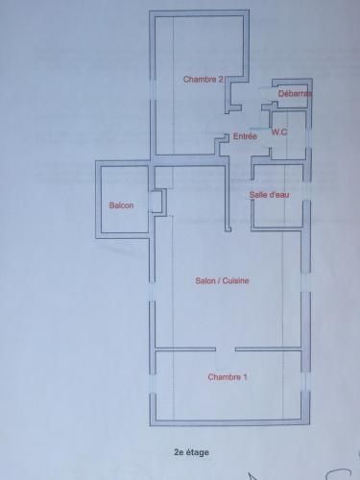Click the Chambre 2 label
[204, 80]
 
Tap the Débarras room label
[295, 94]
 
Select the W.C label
[279, 132]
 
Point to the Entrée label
[245, 136]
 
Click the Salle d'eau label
[270, 195]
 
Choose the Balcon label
[121, 205]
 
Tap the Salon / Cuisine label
[222, 280]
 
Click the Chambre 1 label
[228, 377]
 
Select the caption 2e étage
[191, 452]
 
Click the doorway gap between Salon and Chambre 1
[226, 349]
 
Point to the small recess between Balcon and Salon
[157, 202]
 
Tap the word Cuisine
[235, 280]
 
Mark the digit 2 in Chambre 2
[220, 80]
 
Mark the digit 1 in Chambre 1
[245, 377]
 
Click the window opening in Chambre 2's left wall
[153, 89]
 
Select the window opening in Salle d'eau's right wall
[306, 191]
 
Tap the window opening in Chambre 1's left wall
[153, 384]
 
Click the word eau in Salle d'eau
[282, 195]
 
